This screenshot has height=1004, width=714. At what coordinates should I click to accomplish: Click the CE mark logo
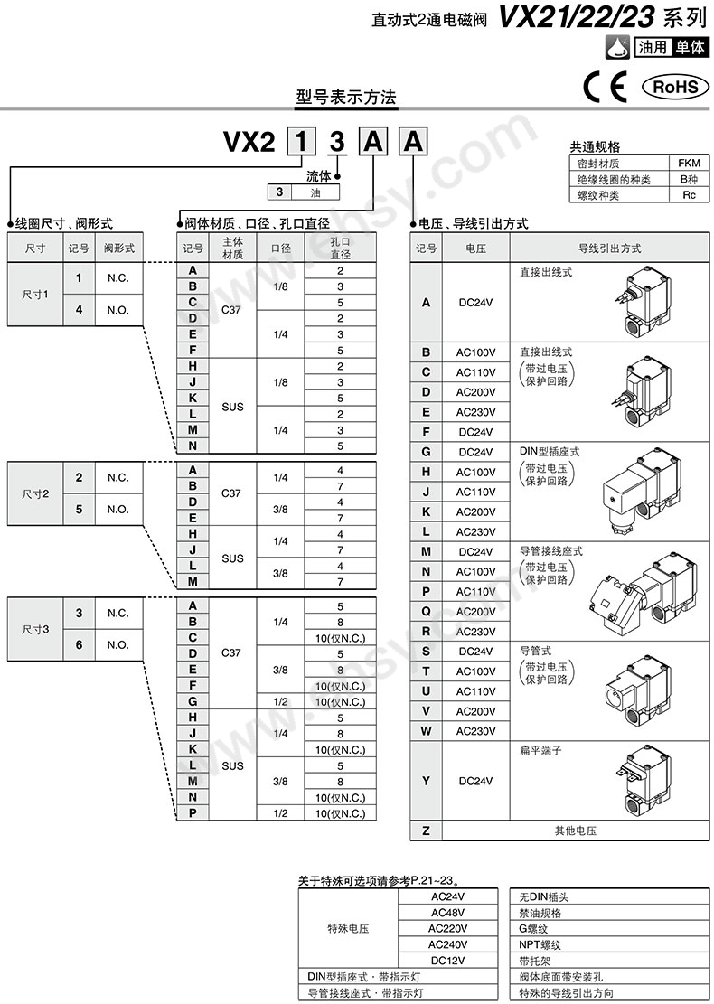tap(605, 87)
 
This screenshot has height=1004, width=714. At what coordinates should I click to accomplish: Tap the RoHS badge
tap(670, 87)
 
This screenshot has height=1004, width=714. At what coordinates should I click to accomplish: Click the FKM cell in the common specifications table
tap(689, 164)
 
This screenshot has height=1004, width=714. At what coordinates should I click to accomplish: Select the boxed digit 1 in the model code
tap(301, 143)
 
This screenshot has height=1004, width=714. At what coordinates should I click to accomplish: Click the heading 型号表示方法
tap(346, 97)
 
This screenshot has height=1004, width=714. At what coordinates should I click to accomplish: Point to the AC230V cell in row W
tap(475, 731)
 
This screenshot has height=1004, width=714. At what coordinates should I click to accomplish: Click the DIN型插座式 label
tap(550, 451)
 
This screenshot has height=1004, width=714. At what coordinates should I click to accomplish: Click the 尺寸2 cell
tap(35, 493)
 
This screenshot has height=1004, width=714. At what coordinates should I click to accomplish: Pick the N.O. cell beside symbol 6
tap(117, 645)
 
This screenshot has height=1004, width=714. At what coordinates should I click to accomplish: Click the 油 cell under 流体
tap(315, 192)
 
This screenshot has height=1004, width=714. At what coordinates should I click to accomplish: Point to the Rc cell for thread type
tap(689, 194)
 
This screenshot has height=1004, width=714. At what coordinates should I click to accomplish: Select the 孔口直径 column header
tap(340, 249)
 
